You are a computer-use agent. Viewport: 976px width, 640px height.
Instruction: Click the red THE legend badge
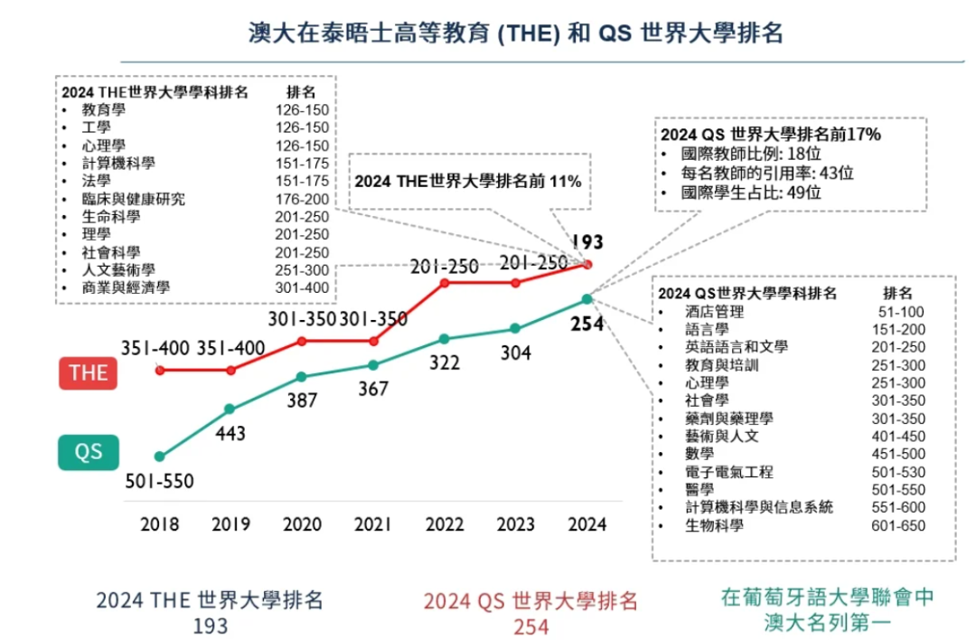(x=89, y=373)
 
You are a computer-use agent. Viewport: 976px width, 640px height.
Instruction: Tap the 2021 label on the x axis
(x=372, y=524)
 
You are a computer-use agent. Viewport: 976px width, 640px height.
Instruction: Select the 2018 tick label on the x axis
(x=159, y=524)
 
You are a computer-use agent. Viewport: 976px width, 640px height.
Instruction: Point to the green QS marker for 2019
(x=230, y=409)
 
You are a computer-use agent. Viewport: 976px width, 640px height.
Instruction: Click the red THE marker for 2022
(x=444, y=283)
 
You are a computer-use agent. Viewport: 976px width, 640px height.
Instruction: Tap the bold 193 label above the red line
(x=587, y=241)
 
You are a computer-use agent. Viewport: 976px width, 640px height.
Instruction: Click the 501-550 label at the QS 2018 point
(x=159, y=480)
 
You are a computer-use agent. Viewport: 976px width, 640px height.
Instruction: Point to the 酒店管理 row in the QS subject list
(x=714, y=312)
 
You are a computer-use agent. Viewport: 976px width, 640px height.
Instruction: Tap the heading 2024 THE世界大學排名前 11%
(x=466, y=181)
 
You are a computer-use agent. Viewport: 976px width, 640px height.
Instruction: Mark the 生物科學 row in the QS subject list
(x=714, y=525)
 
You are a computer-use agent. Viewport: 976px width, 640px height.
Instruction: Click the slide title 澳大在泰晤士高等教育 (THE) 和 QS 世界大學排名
(x=515, y=33)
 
